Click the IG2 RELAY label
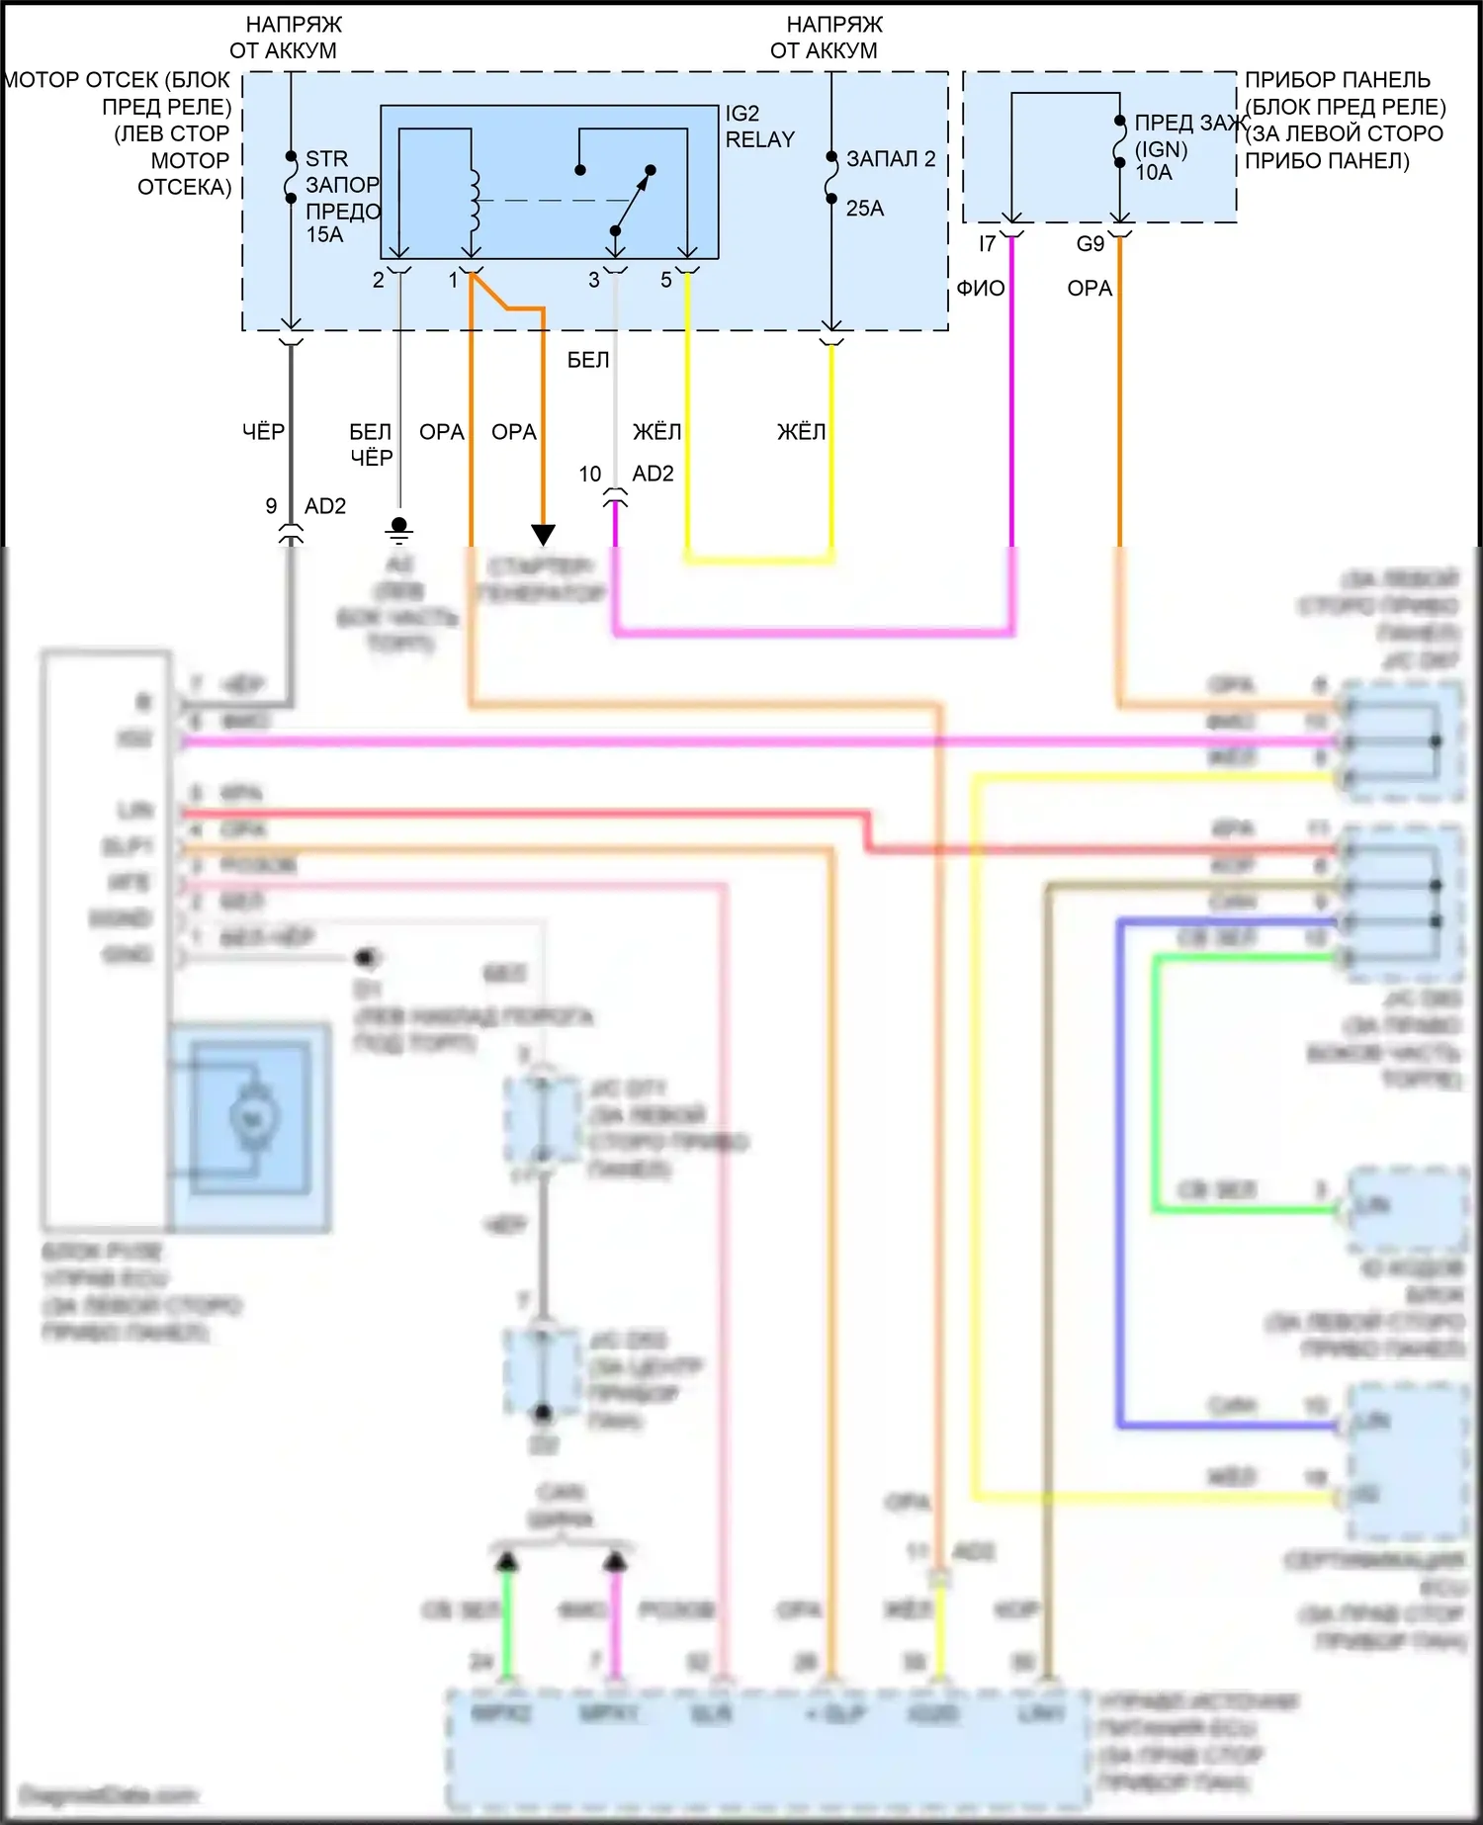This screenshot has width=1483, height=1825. click(759, 127)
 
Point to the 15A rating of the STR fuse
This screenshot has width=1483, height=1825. click(325, 235)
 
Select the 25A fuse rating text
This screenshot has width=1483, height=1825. click(865, 209)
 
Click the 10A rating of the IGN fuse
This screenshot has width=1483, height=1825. click(1154, 173)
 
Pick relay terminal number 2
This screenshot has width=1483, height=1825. click(379, 281)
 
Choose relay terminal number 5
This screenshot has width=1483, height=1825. click(666, 281)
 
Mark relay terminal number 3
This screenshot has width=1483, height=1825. click(594, 281)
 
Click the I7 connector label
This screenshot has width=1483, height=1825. click(987, 244)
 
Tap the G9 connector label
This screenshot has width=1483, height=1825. click(1090, 244)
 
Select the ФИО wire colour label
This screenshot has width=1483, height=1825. click(981, 289)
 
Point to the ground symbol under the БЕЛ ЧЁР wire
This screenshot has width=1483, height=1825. click(399, 530)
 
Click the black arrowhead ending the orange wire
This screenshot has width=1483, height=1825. click(543, 535)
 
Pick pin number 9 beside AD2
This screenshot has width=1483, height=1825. click(271, 506)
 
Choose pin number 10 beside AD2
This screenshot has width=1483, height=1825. click(590, 475)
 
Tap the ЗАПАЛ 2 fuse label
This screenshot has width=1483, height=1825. click(891, 159)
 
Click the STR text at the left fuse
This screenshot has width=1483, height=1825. click(327, 159)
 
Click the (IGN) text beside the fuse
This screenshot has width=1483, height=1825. click(1161, 149)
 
